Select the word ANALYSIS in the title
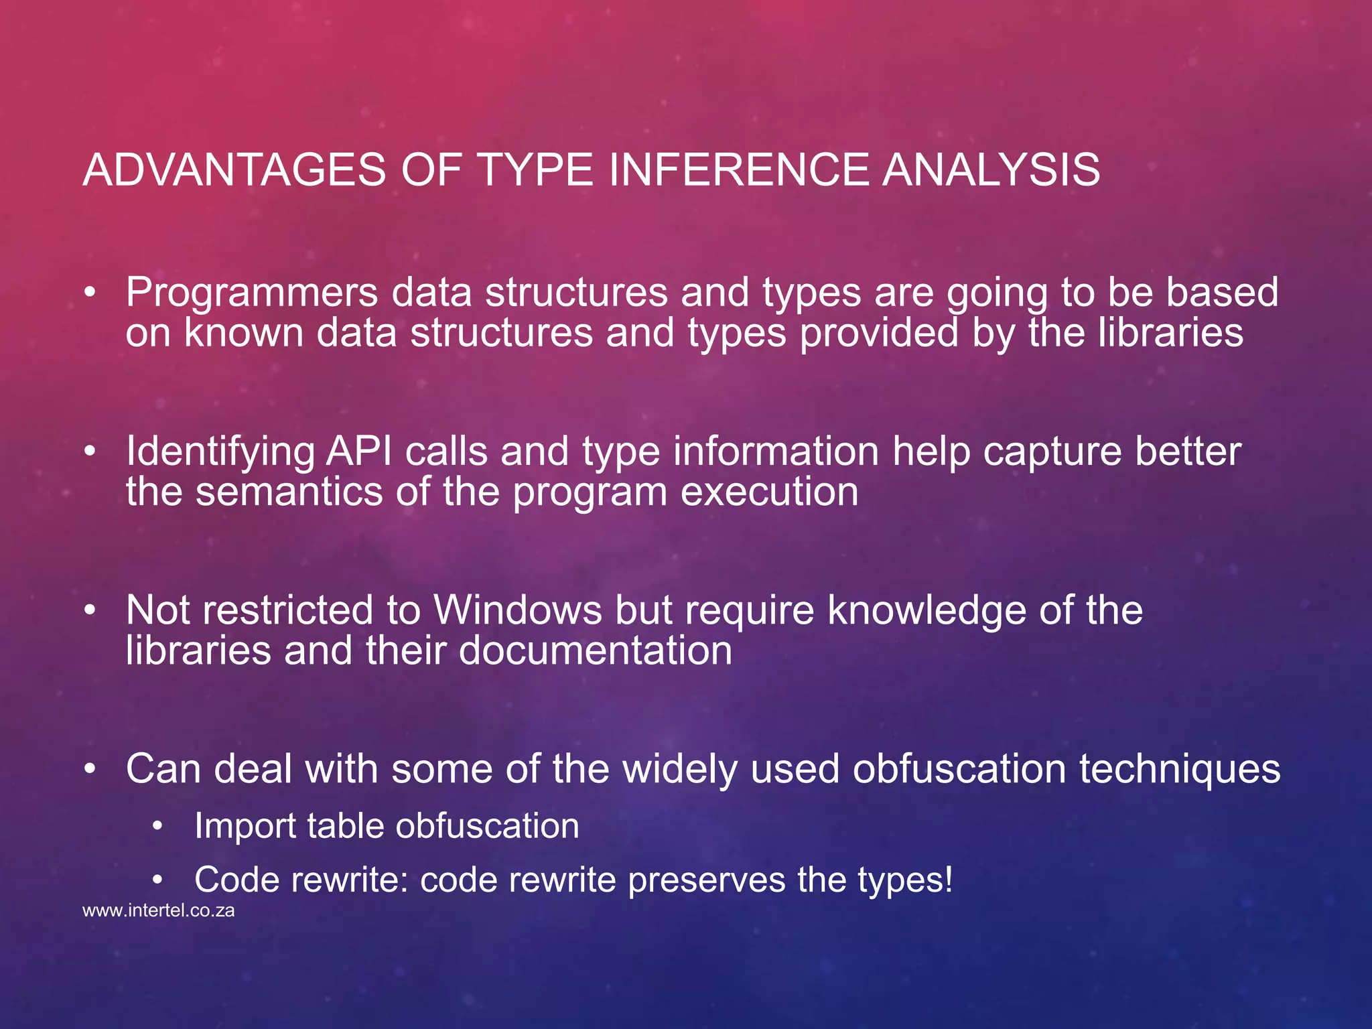[x=991, y=169]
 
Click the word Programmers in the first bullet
[x=252, y=293]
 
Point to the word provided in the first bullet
[x=878, y=333]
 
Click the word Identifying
[x=220, y=452]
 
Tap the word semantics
[x=289, y=492]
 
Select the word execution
[x=769, y=492]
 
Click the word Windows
[x=518, y=610]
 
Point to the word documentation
[x=596, y=650]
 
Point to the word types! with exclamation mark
[x=905, y=880]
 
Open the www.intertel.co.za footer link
[x=159, y=911]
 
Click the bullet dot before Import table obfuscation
[x=157, y=827]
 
